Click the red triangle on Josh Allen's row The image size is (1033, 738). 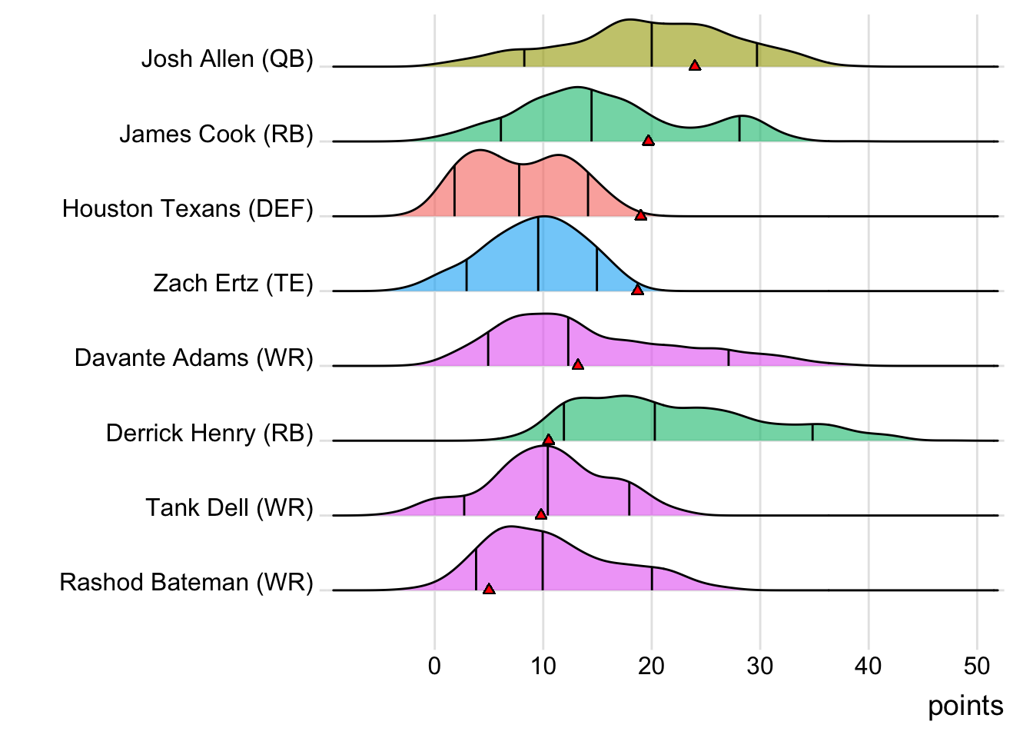[695, 66]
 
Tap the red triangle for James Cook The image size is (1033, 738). [648, 141]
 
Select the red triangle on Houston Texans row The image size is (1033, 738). [640, 215]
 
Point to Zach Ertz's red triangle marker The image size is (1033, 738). [637, 290]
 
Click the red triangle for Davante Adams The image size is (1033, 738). [578, 364]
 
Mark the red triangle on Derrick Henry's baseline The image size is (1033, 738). [548, 440]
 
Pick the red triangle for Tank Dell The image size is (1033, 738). [541, 514]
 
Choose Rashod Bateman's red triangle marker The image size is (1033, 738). [489, 589]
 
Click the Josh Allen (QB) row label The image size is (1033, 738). [227, 59]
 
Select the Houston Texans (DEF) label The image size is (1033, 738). [188, 208]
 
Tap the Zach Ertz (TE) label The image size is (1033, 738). [233, 283]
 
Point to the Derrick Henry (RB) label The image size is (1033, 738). [209, 433]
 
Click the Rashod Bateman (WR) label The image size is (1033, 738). [186, 582]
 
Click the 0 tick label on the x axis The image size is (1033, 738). [435, 666]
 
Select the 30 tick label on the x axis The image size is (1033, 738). [760, 666]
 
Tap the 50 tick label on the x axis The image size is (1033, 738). [977, 666]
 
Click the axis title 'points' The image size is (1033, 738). [965, 706]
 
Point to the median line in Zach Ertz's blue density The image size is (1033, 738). [538, 254]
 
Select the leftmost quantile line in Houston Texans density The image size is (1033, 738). [454, 192]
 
